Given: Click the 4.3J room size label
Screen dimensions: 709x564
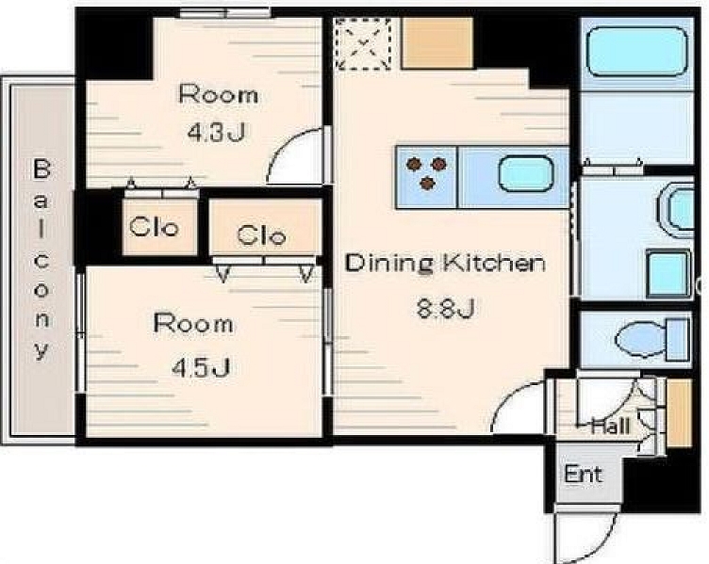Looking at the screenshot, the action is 216,133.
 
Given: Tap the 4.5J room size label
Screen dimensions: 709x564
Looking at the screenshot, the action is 201,367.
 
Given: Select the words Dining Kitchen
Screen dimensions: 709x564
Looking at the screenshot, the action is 445,264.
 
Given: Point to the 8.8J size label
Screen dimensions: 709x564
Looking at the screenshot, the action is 445,310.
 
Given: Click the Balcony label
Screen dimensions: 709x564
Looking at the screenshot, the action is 41,259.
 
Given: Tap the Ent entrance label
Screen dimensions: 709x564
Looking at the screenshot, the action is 584,475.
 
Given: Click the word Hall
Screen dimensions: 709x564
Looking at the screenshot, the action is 610,426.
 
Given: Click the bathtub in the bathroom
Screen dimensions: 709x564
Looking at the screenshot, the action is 637,52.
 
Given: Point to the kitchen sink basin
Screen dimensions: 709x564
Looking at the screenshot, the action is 526,174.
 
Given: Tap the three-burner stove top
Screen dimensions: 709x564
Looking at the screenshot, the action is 427,172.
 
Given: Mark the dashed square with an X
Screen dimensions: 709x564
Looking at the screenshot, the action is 363,44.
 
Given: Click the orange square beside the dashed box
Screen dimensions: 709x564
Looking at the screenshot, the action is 437,43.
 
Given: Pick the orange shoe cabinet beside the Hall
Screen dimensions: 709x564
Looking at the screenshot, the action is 680,413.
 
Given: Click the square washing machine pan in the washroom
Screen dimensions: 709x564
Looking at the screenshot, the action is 668,273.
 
